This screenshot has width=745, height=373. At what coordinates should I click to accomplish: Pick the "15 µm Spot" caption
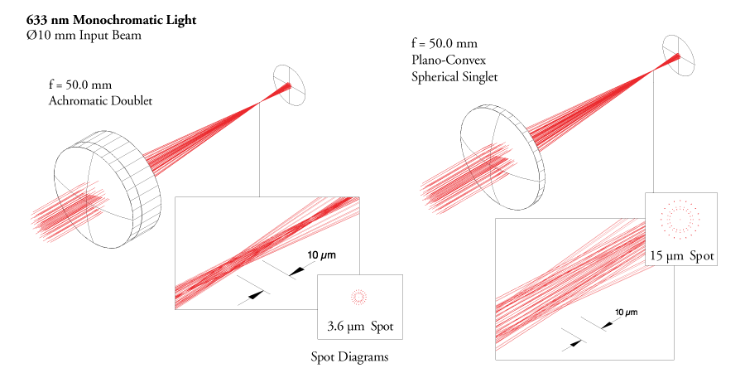680,256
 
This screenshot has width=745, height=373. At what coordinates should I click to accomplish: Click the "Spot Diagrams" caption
349,357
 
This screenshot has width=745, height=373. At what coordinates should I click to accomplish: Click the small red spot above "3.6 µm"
358,295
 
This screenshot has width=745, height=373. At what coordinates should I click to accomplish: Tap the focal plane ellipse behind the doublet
290,87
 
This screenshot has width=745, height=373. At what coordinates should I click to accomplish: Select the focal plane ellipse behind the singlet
680,56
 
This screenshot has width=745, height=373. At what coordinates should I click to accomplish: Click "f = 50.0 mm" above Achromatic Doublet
80,85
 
